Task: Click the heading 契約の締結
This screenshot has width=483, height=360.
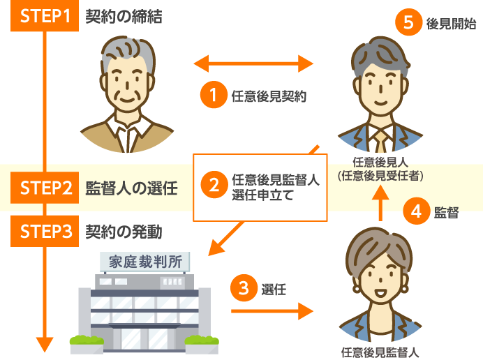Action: [x=124, y=16]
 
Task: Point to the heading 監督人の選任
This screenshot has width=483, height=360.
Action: [x=131, y=188]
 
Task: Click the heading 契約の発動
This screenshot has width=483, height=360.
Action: [x=124, y=232]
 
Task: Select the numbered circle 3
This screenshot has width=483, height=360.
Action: [x=244, y=287]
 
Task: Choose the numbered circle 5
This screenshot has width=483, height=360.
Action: [x=408, y=23]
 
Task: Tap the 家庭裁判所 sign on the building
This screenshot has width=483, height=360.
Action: [x=145, y=262]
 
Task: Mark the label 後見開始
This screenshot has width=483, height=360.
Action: [x=450, y=24]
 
